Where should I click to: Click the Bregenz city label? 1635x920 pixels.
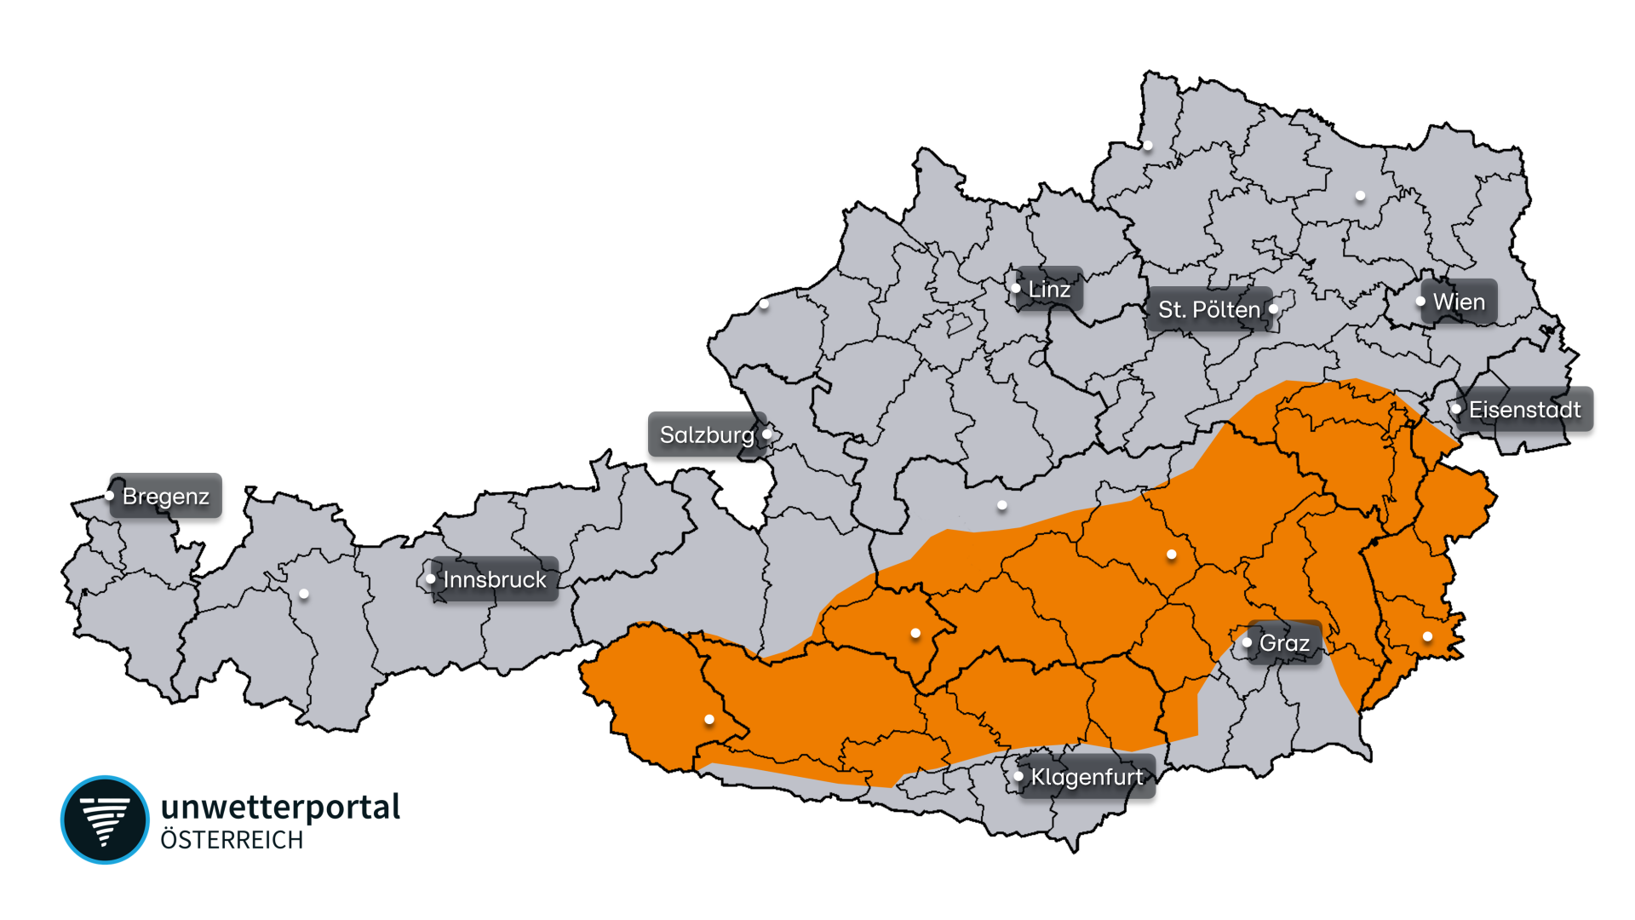click(x=166, y=496)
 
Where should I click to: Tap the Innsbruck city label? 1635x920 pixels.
click(x=495, y=579)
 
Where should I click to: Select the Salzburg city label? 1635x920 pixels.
click(x=707, y=434)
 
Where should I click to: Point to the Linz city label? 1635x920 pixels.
click(x=1049, y=289)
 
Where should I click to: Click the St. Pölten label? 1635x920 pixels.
click(x=1208, y=309)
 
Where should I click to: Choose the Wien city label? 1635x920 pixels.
click(x=1459, y=302)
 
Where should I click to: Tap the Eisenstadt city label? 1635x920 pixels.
click(x=1524, y=410)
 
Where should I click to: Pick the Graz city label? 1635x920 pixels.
click(x=1284, y=643)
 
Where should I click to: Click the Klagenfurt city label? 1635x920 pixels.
click(x=1087, y=777)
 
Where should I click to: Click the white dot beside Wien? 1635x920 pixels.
click(x=1420, y=302)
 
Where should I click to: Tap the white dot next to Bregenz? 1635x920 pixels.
click(x=110, y=496)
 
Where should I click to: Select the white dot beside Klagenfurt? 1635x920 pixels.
click(x=1018, y=776)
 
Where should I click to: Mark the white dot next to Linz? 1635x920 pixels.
click(x=1016, y=288)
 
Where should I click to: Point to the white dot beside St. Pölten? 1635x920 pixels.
click(x=1274, y=309)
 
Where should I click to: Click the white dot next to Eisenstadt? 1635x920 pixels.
click(x=1456, y=410)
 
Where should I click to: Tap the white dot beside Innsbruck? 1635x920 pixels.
click(x=430, y=579)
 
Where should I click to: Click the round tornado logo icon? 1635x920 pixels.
click(x=105, y=819)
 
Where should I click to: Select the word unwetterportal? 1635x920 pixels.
click(x=280, y=807)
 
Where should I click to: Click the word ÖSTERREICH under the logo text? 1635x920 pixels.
click(x=232, y=841)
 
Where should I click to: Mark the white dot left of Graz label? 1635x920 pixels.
click(x=1247, y=642)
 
